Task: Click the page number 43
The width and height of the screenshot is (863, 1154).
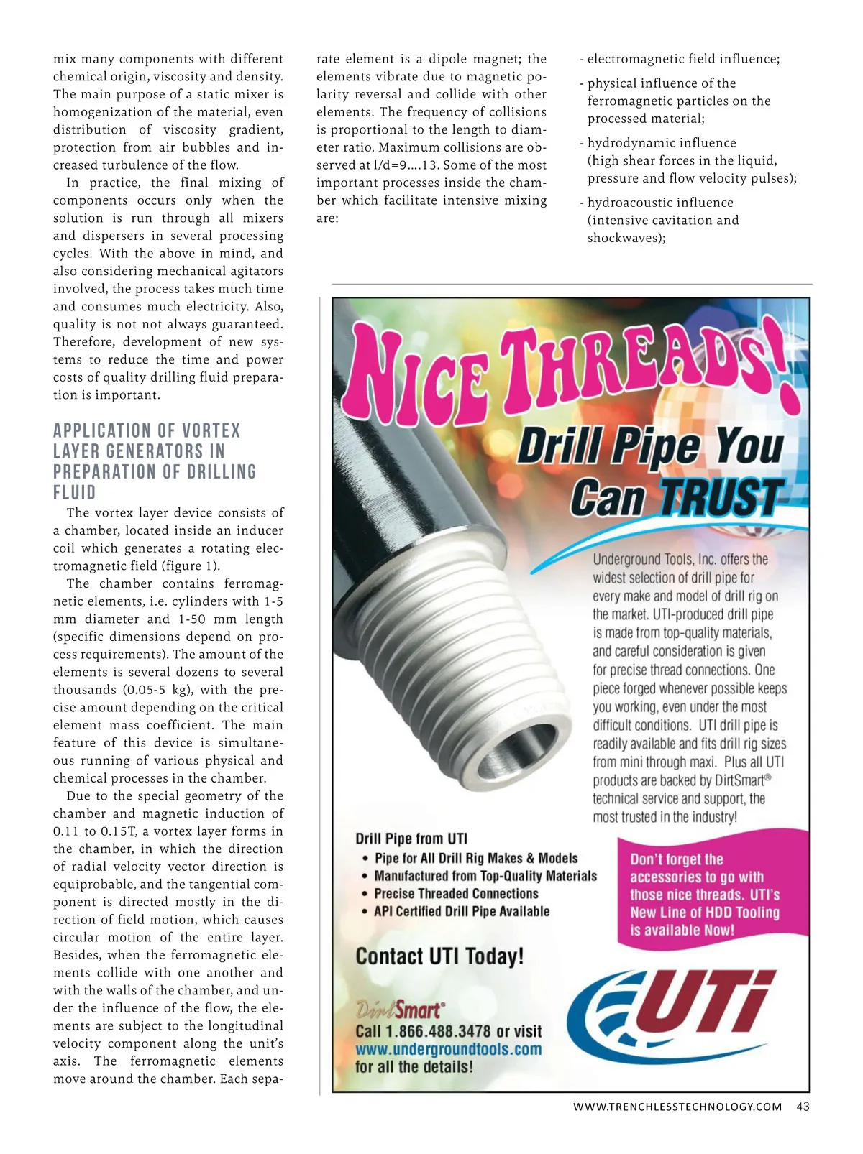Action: [x=803, y=1107]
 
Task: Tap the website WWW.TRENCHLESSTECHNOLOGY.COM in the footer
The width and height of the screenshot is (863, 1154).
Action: [x=677, y=1107]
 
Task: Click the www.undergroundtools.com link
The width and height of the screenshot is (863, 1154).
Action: [x=448, y=1049]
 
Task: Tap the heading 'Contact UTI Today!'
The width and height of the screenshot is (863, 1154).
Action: [x=439, y=956]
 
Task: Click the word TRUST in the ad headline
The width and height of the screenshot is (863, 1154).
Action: [x=720, y=497]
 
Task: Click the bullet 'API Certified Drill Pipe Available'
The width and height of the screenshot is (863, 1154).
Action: [x=461, y=911]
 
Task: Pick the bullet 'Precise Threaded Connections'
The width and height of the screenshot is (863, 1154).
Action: [x=456, y=894]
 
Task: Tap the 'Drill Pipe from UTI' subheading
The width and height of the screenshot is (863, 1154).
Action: [x=411, y=839]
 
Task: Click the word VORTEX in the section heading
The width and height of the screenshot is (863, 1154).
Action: [x=211, y=431]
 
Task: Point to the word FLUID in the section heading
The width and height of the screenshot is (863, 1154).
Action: [x=74, y=493]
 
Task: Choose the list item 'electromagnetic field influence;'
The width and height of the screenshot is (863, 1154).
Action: [x=683, y=59]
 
